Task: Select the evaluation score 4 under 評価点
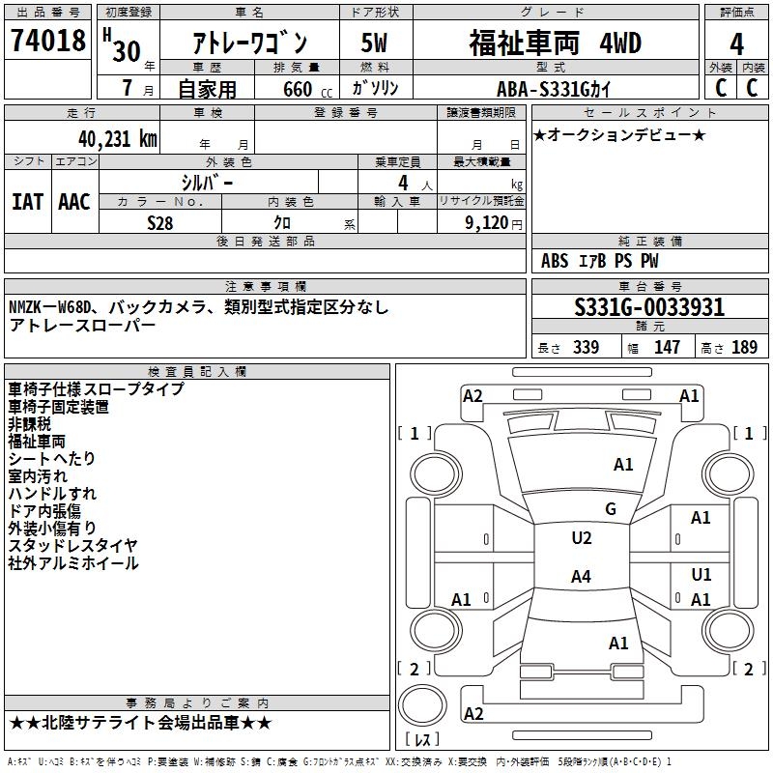coord(736,44)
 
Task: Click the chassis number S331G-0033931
coord(649,307)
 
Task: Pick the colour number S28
coord(160,222)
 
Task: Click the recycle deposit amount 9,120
coord(483,222)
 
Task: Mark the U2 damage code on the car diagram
coord(581,538)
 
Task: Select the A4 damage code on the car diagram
coord(581,577)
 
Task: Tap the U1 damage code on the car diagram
coord(701,575)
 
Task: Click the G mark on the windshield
coord(611,509)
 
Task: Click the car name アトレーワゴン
coord(249,44)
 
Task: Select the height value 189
coord(744,348)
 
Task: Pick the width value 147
coord(667,348)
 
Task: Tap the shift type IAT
coord(27,202)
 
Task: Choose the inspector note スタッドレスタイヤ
coord(73,546)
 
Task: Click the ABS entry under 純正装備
coord(555,261)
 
